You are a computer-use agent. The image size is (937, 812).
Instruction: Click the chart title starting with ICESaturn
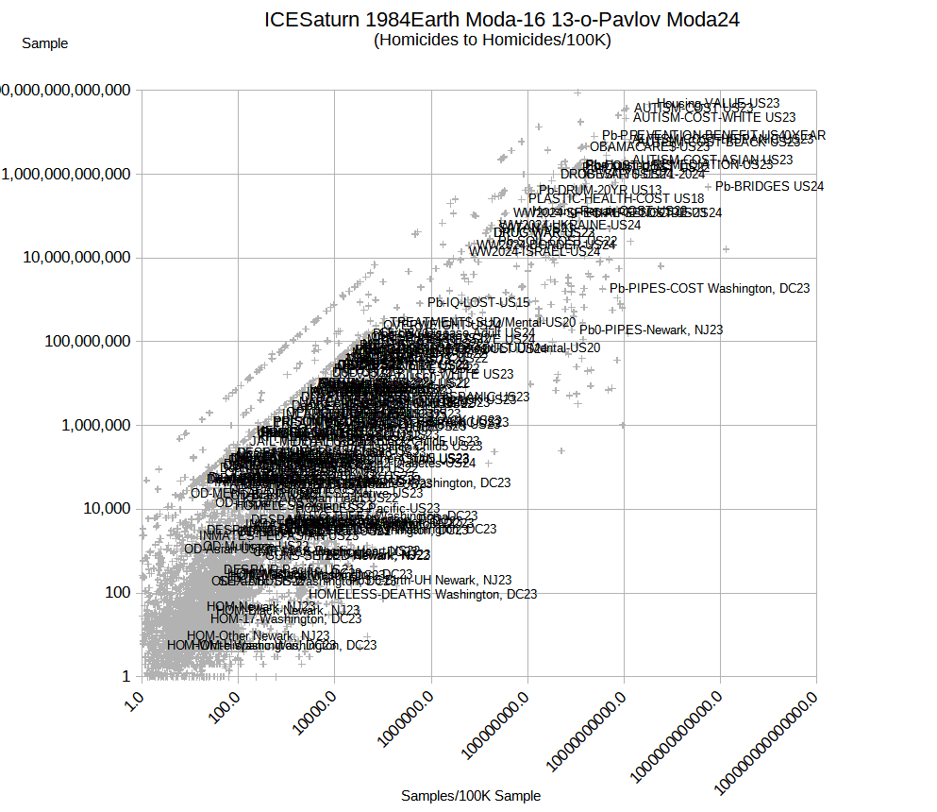tap(501, 19)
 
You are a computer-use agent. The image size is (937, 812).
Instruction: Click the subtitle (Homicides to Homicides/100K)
tap(492, 40)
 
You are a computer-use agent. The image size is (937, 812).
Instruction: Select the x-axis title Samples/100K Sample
tap(471, 796)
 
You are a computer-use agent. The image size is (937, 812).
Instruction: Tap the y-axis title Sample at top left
tap(44, 42)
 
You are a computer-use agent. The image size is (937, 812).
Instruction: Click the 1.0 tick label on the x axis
tap(135, 702)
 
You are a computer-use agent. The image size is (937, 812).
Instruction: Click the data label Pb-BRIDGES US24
tap(769, 187)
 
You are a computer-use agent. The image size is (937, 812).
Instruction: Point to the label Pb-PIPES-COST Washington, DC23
tap(709, 288)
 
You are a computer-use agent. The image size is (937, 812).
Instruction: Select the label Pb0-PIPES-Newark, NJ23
tap(651, 330)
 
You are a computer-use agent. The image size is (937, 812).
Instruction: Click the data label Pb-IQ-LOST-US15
tap(478, 303)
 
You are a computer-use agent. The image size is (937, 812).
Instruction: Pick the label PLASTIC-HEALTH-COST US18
tap(615, 199)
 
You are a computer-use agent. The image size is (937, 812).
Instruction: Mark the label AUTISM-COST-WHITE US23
tap(713, 118)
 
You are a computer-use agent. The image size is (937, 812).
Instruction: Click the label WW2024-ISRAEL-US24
tap(534, 252)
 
